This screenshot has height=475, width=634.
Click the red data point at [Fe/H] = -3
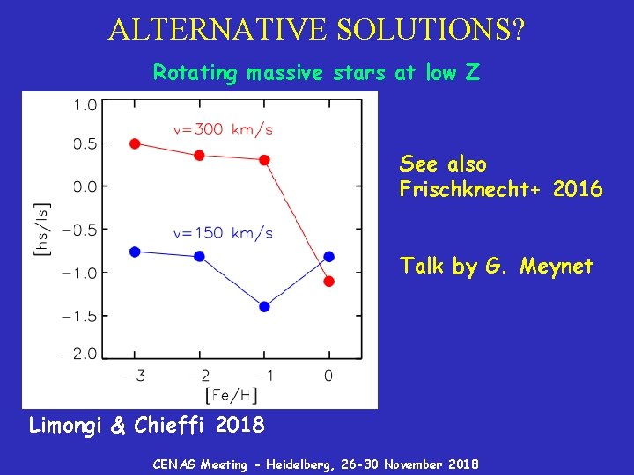[135, 143]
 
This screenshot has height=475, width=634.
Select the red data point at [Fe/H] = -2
[199, 155]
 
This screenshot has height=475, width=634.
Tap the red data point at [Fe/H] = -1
[264, 160]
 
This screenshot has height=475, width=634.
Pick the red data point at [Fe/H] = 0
[329, 281]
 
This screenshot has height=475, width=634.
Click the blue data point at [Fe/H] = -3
[135, 252]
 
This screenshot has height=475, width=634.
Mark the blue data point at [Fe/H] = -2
[199, 256]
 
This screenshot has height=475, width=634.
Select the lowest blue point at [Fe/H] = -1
[264, 306]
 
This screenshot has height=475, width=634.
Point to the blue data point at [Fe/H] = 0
[329, 256]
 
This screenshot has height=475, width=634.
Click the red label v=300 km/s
[223, 129]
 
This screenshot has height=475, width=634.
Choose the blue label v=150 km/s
[223, 233]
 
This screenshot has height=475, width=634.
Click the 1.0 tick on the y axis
[85, 106]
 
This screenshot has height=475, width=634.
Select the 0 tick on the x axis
[328, 376]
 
